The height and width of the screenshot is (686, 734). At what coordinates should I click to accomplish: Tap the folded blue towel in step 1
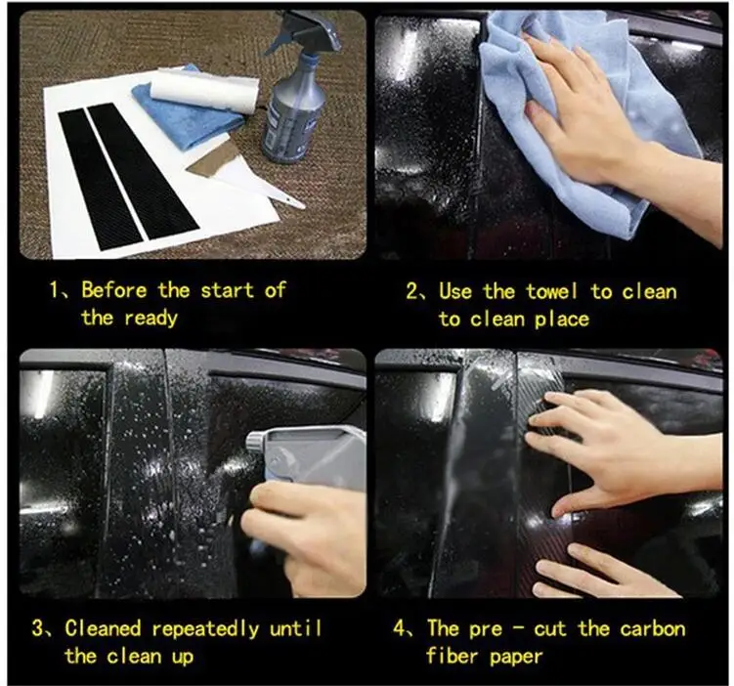click(x=188, y=112)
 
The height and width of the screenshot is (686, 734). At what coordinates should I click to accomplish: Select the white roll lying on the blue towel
click(x=204, y=91)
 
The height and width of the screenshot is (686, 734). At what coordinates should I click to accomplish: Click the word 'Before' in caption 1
click(x=114, y=290)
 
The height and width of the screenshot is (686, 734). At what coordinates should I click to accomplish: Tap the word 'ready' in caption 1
click(x=151, y=320)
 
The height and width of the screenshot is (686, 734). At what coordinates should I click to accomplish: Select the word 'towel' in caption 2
click(x=552, y=291)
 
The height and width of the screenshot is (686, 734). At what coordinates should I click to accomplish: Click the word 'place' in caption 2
click(x=562, y=320)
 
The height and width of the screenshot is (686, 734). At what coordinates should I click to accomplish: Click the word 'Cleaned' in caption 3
click(x=103, y=628)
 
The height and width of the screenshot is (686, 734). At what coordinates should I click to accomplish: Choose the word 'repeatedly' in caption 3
click(x=205, y=629)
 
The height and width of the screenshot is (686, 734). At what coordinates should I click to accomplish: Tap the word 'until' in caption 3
click(x=296, y=628)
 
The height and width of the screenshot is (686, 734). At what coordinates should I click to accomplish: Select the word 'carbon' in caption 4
click(x=653, y=629)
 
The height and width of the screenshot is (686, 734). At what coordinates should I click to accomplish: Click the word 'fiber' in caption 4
click(x=453, y=656)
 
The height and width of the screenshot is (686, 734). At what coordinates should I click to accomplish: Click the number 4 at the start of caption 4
click(x=400, y=628)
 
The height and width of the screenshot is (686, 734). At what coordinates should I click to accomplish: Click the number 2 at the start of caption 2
click(x=412, y=291)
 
